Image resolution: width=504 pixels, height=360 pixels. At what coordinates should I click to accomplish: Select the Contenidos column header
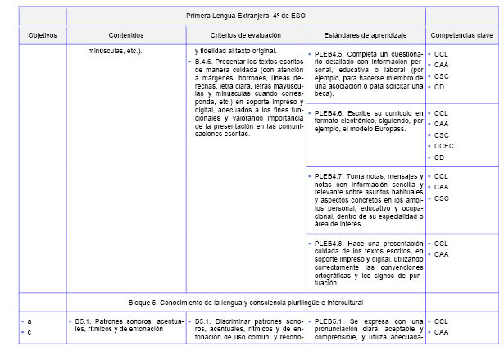click(125, 35)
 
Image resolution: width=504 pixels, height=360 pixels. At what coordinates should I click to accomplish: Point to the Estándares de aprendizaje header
click(365, 35)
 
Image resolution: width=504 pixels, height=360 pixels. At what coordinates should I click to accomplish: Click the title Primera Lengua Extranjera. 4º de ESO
click(245, 16)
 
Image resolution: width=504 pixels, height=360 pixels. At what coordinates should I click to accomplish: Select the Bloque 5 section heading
click(245, 301)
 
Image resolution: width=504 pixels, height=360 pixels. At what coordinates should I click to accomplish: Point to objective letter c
click(30, 332)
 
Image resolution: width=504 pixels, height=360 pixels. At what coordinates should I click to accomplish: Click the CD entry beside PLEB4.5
click(439, 86)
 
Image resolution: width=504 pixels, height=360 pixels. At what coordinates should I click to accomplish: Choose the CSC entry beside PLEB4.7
click(442, 198)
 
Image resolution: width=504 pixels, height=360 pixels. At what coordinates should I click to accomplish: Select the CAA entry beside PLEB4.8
click(442, 254)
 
